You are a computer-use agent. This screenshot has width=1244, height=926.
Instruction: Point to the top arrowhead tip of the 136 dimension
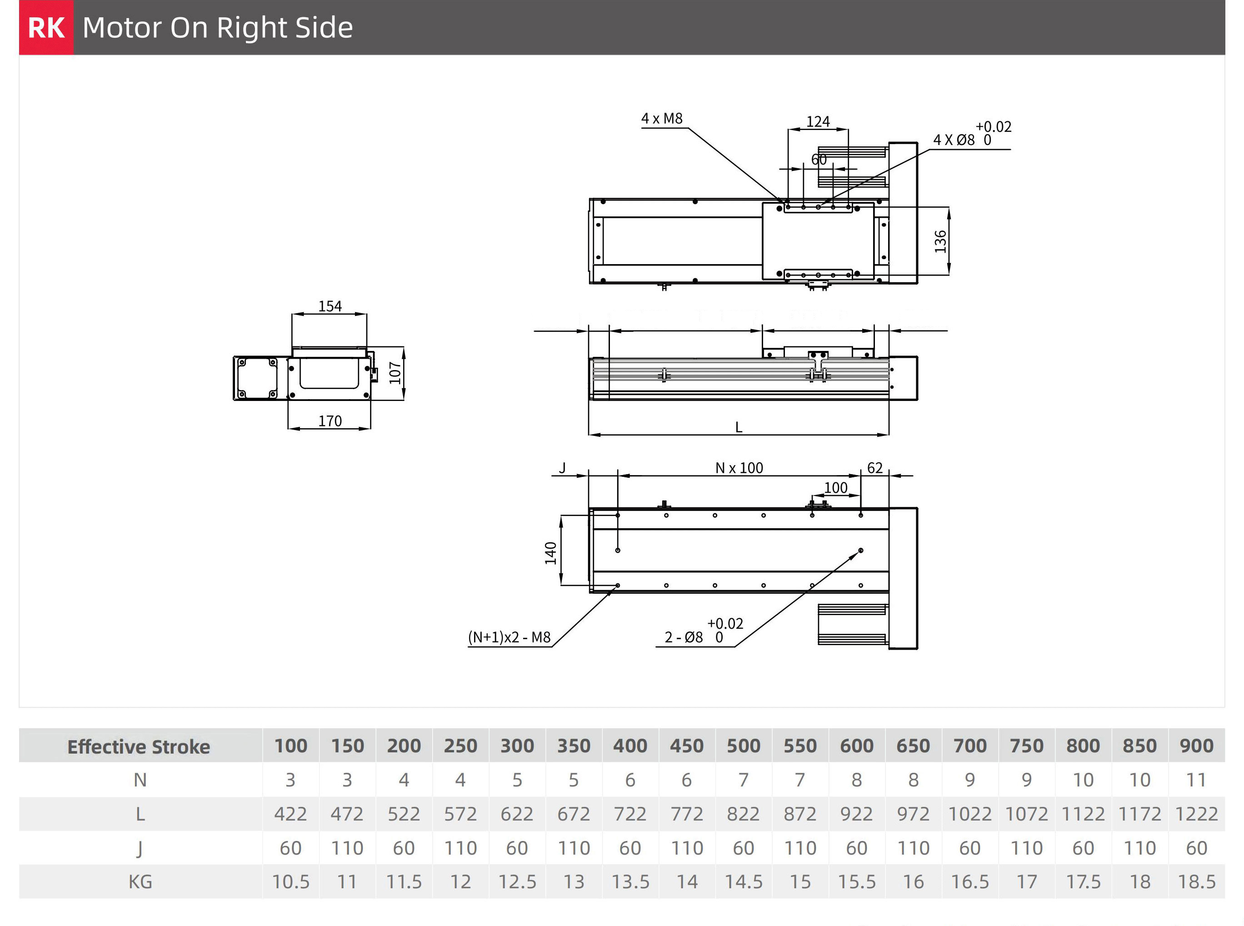tap(949, 207)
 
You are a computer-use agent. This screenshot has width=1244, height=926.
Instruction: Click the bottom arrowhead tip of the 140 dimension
tap(561, 585)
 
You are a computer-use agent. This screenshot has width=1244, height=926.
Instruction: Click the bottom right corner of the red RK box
tap(74, 55)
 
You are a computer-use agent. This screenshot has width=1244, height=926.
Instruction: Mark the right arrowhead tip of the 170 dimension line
tap(370, 429)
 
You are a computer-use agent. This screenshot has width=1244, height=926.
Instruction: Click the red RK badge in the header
tap(46, 27)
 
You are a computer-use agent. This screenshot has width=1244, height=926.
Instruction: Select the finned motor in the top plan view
tap(852, 166)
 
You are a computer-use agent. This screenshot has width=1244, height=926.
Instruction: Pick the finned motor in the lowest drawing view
tap(852, 624)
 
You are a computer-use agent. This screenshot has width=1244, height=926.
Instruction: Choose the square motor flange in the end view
tap(257, 378)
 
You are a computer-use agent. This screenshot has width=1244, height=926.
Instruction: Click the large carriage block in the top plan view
tap(818, 241)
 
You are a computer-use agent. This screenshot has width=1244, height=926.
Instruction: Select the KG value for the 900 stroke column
tap(1196, 882)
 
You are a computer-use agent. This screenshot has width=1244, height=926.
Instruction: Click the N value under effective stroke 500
tap(743, 780)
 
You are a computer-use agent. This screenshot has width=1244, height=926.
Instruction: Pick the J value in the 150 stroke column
tap(347, 848)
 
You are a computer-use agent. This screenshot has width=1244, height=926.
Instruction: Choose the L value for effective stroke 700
tap(970, 814)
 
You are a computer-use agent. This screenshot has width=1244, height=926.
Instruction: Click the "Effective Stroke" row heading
tap(139, 746)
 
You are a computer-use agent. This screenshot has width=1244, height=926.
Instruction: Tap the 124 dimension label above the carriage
tap(818, 122)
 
